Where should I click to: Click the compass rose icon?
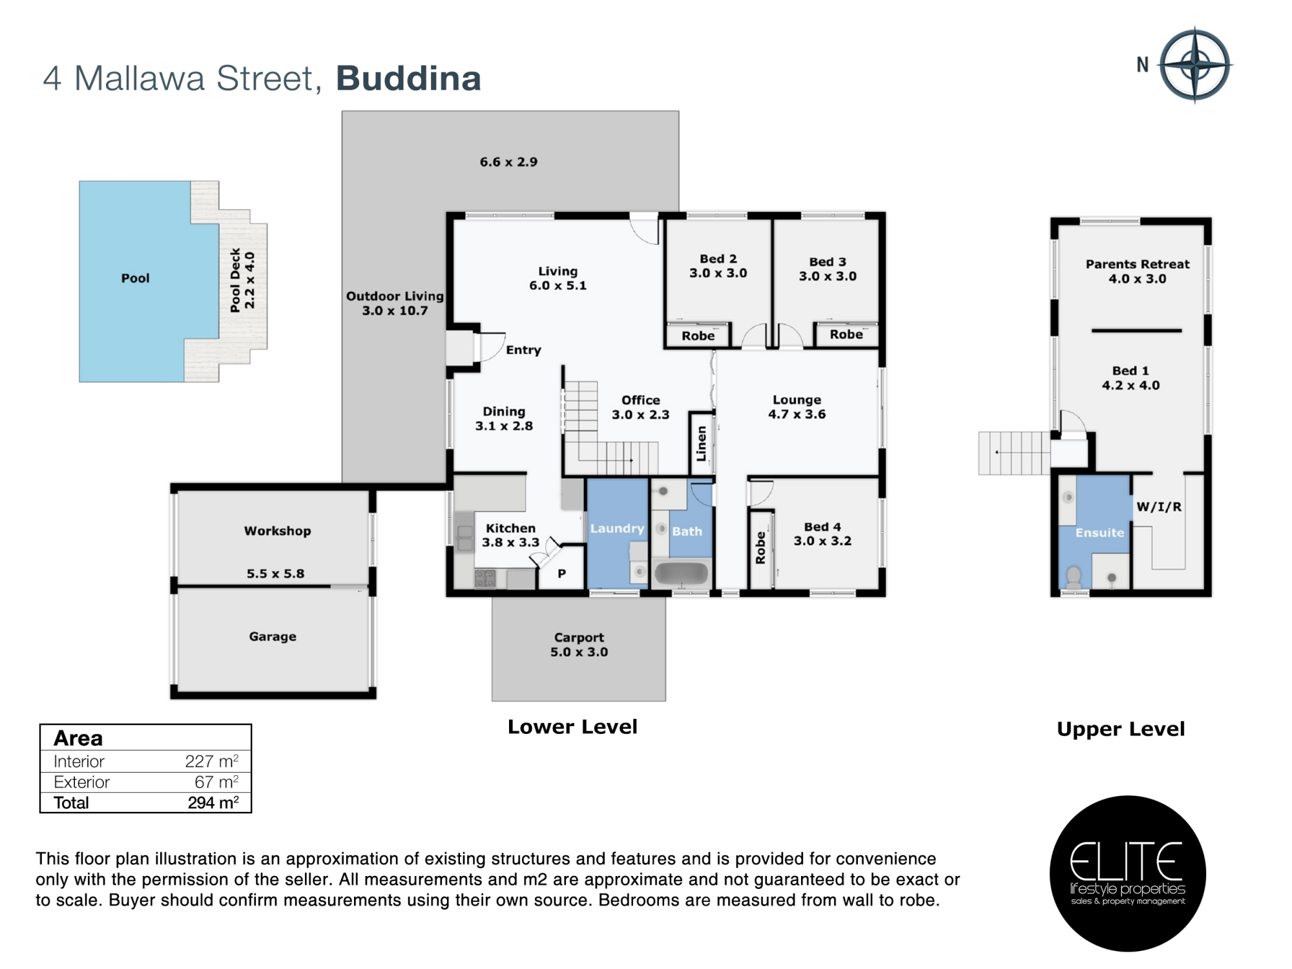coord(1195,65)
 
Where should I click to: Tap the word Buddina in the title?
coord(408,79)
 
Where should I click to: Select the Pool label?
coord(135,278)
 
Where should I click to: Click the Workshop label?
coord(277,531)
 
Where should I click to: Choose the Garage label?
coord(273,636)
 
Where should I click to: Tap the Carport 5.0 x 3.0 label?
coord(579,645)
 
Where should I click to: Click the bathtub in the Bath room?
coord(682,574)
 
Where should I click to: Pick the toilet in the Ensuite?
coord(1074,577)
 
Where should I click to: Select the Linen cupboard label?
coord(701,443)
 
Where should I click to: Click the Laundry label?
coord(617,528)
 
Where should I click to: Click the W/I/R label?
coord(1159,507)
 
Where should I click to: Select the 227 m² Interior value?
coord(212,761)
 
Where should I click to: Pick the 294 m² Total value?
coord(213,802)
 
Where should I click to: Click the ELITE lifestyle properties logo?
coord(1128,873)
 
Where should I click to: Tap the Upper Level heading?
coord(1121,729)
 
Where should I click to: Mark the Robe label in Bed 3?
coord(846,335)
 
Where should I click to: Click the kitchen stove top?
coord(485,578)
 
